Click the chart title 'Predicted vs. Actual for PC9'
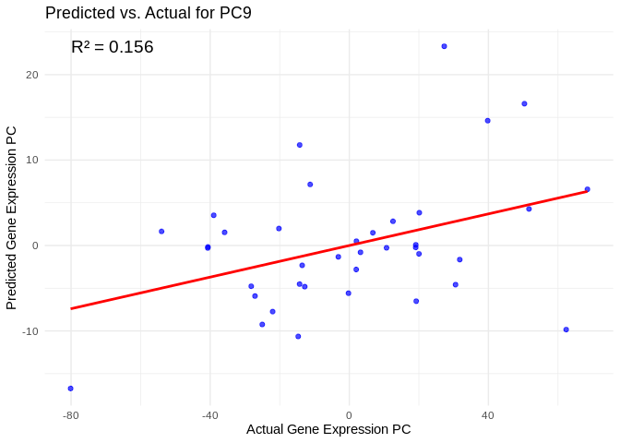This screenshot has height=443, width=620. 149,13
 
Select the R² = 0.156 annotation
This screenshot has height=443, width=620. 112,47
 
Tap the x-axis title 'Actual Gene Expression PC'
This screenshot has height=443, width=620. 328,429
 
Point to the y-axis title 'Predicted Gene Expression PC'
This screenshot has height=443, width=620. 12,217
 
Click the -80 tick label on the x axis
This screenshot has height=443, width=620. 71,415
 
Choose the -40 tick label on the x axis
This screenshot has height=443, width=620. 209,415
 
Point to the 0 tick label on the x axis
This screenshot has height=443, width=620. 349,415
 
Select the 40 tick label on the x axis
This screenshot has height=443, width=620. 488,415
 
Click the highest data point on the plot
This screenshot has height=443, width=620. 444,46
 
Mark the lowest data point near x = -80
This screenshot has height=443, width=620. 70,389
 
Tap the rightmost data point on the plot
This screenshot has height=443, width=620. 587,189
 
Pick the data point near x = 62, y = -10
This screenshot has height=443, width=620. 566,329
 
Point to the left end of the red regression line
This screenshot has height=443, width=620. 71,308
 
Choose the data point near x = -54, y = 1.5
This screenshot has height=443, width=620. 161,232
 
